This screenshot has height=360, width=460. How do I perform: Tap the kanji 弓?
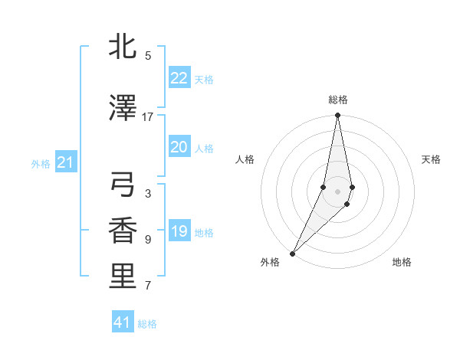pyautogui.click(x=123, y=185)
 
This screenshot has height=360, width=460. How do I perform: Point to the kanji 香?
pyautogui.click(x=123, y=231)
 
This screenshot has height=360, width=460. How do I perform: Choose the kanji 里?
pyautogui.click(x=123, y=277)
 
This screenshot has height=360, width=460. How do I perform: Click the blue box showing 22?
pyautogui.click(x=179, y=78)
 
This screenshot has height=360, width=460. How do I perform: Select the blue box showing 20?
pyautogui.click(x=179, y=147)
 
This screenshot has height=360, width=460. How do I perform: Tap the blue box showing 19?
pyautogui.click(x=179, y=231)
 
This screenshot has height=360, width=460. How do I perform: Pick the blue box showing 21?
pyautogui.click(x=65, y=162)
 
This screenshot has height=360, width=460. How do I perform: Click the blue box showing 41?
pyautogui.click(x=123, y=322)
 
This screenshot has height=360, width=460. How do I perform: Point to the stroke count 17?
pyautogui.click(x=148, y=117)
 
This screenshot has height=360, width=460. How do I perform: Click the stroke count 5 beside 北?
pyautogui.click(x=148, y=56)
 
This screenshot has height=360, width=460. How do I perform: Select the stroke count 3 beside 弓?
pyautogui.click(x=148, y=194)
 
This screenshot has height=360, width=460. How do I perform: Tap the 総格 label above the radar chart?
pyautogui.click(x=338, y=100)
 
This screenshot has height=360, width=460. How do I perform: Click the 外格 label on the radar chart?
pyautogui.click(x=270, y=263)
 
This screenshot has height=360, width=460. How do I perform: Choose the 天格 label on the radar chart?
pyautogui.click(x=432, y=159)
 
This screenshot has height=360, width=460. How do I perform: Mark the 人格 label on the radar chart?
pyautogui.click(x=245, y=159)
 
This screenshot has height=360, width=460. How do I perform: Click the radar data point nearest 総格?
pyautogui.click(x=337, y=116)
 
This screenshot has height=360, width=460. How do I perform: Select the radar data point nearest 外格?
pyautogui.click(x=292, y=253)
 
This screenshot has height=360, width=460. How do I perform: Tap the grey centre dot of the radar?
pyautogui.click(x=337, y=191)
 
